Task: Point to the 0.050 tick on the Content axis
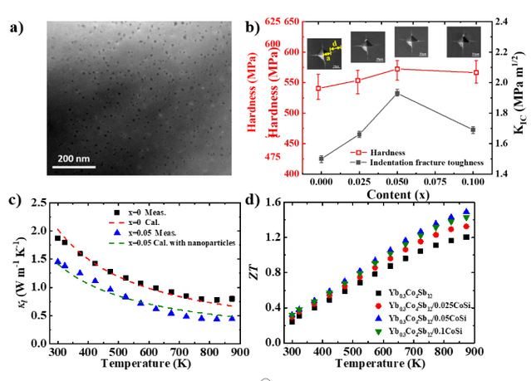pyautogui.click(x=398, y=181)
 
